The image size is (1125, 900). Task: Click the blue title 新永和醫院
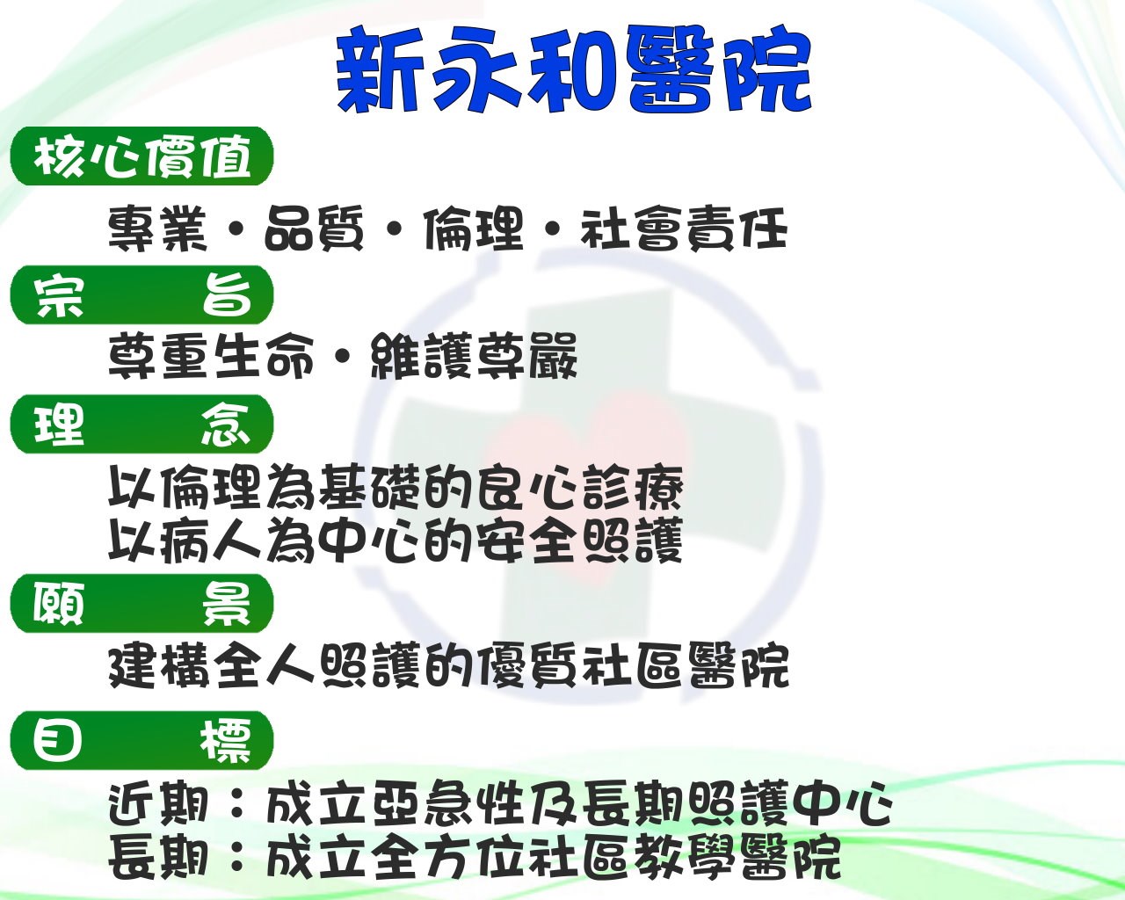click(573, 69)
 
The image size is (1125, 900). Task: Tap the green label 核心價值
click(142, 156)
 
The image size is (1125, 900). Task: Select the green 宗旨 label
click(142, 295)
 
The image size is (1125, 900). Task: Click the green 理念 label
click(142, 425)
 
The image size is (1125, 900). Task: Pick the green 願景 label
click(142, 603)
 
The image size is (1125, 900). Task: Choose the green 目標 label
click(142, 741)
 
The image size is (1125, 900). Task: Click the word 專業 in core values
click(157, 229)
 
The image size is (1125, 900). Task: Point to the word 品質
click(314, 229)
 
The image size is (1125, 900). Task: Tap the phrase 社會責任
click(684, 229)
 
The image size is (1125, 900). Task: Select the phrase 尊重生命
click(211, 356)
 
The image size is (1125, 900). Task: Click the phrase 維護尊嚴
click(474, 356)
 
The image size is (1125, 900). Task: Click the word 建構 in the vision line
click(158, 666)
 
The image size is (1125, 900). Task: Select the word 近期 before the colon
click(157, 804)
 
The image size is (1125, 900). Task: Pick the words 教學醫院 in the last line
click(736, 858)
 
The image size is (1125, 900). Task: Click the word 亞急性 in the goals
click(447, 804)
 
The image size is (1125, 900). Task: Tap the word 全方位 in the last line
click(447, 858)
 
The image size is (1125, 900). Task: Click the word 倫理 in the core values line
click(473, 229)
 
